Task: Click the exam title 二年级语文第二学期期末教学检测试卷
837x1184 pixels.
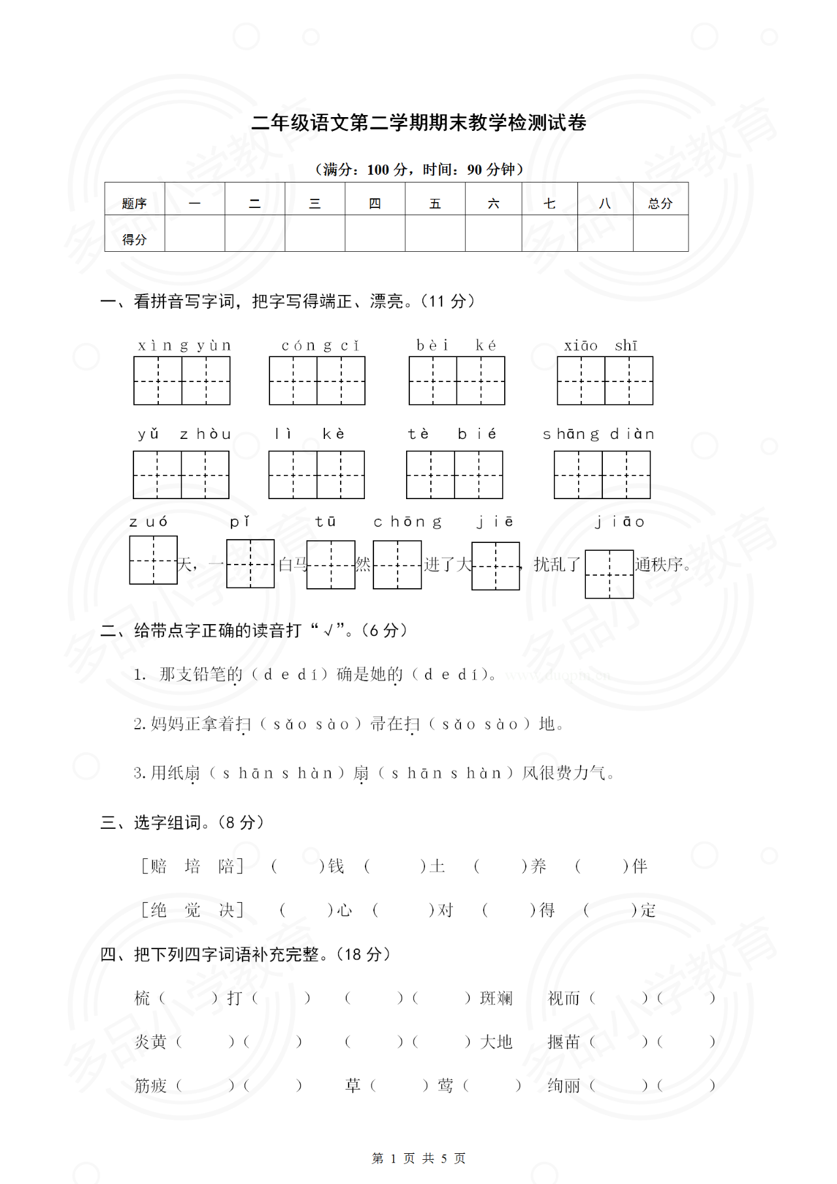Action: [x=418, y=123]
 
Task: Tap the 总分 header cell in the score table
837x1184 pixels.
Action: [x=660, y=203]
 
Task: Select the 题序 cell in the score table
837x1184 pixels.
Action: [x=134, y=203]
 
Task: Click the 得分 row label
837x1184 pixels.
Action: [x=134, y=239]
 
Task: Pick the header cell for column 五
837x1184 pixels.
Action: [x=435, y=203]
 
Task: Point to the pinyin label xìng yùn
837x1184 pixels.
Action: [x=184, y=345]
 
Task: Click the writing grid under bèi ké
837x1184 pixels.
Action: [x=456, y=381]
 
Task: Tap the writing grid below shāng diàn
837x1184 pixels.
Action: [x=602, y=475]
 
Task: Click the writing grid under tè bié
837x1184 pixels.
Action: [x=454, y=475]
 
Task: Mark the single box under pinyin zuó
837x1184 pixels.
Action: [x=153, y=560]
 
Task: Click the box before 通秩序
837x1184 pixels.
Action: [x=609, y=574]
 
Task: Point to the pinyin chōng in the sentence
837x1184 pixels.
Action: [x=407, y=522]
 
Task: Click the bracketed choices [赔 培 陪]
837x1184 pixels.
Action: [x=192, y=867]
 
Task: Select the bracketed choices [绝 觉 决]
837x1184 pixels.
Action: [x=192, y=911]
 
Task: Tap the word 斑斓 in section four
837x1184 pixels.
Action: [x=496, y=998]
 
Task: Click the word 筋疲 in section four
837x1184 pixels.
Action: [x=150, y=1086]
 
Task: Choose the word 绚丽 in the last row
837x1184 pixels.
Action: [x=564, y=1086]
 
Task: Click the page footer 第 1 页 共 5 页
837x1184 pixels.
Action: [x=418, y=1158]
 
